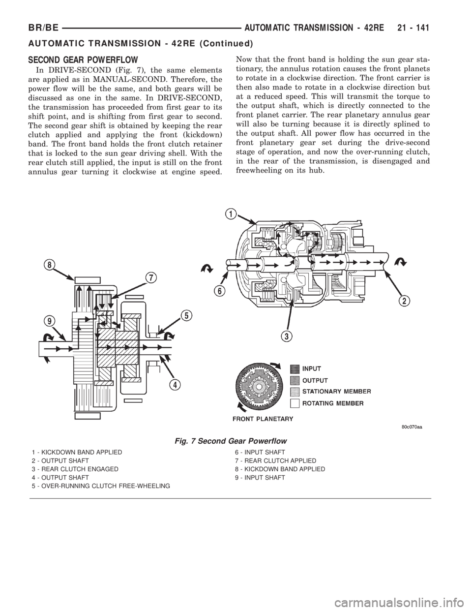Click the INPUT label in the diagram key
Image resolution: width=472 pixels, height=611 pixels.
(312, 368)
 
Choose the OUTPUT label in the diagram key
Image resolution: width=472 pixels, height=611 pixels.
(315, 380)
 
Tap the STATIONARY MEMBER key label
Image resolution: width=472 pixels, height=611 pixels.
(336, 392)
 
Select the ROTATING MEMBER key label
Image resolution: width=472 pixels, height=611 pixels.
(332, 403)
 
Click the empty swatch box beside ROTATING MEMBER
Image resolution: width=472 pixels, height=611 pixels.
(295, 403)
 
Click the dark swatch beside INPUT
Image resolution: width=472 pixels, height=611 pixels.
(295, 368)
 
